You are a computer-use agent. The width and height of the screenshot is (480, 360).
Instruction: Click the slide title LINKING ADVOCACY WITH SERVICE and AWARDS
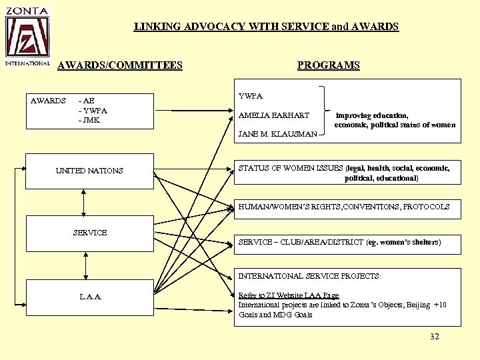(266, 27)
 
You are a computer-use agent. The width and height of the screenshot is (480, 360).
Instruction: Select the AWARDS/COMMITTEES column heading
(120, 65)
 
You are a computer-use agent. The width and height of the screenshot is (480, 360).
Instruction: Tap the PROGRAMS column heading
(328, 65)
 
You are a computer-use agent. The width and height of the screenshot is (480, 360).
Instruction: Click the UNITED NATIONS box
(89, 171)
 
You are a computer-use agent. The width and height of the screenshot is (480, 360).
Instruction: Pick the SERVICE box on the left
(89, 233)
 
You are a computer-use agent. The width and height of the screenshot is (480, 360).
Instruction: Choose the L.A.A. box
(89, 296)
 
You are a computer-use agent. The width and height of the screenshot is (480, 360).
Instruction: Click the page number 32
(435, 337)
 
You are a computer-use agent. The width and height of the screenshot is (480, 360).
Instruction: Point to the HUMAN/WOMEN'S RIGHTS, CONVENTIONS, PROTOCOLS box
(344, 207)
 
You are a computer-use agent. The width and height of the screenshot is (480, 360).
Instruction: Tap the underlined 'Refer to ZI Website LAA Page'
(289, 295)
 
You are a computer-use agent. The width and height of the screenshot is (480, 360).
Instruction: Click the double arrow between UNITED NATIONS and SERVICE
(84, 201)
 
